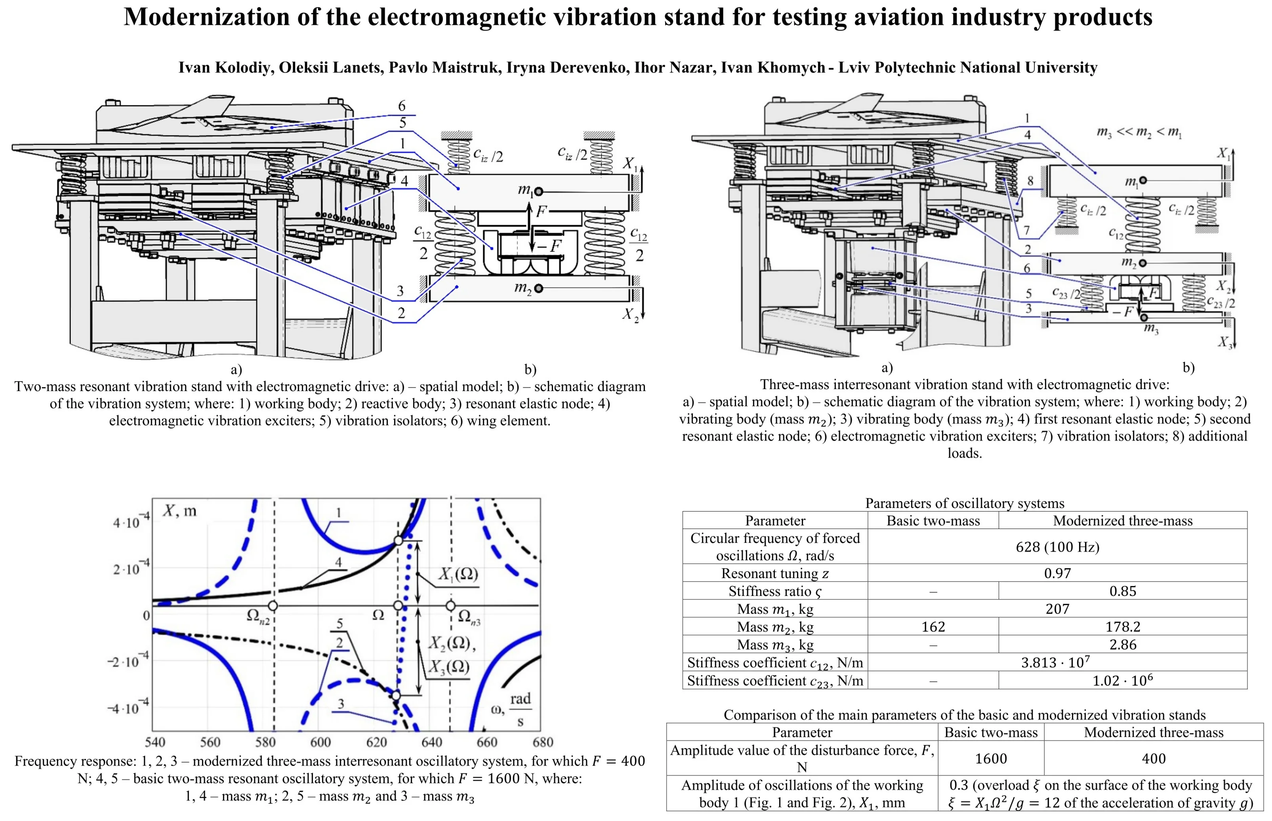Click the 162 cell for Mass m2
click(933, 627)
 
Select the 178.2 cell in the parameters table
click(1122, 627)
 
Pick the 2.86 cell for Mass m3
click(1122, 645)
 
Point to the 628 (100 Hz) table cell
click(1057, 547)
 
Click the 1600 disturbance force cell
click(991, 759)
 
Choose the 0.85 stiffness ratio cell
click(1122, 591)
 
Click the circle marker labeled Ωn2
click(273, 605)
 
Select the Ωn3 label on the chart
click(468, 617)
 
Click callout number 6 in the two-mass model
click(402, 106)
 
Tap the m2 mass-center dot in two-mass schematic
click(538, 288)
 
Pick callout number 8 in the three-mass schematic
click(1030, 181)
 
